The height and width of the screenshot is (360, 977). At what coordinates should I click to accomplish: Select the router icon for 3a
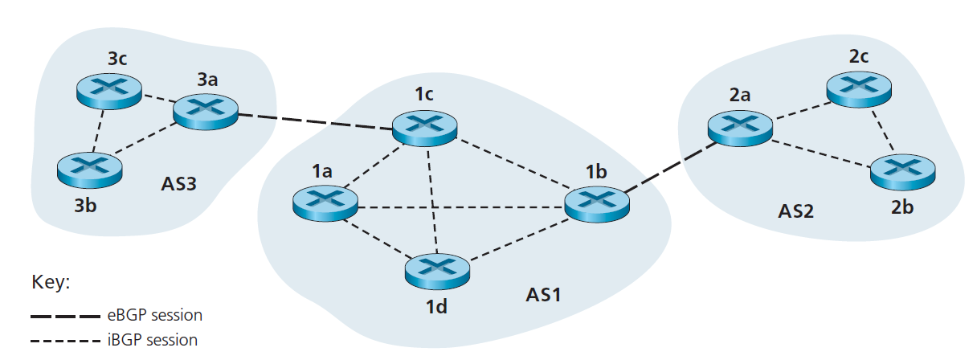tap(206, 109)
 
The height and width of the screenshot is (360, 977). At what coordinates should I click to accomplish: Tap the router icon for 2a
tap(740, 125)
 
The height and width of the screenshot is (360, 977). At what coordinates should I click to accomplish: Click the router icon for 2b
tap(903, 168)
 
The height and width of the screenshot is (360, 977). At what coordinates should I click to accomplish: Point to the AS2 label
tap(795, 211)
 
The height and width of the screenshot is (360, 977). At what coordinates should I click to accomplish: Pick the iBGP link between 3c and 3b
tap(100, 129)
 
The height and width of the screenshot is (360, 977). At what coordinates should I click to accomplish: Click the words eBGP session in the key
tap(153, 315)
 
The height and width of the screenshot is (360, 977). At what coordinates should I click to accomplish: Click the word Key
tap(51, 283)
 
